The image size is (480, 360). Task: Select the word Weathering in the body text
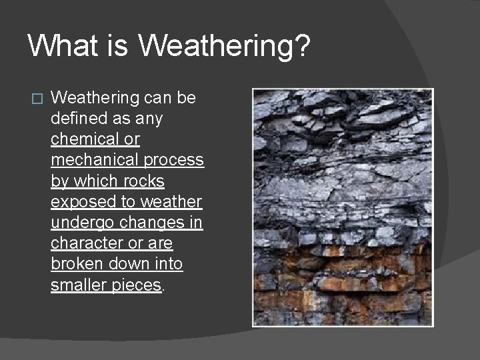[95, 99]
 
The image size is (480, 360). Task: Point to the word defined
[78, 119]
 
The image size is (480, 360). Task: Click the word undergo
[79, 223]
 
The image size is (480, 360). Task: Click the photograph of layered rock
[342, 207]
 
